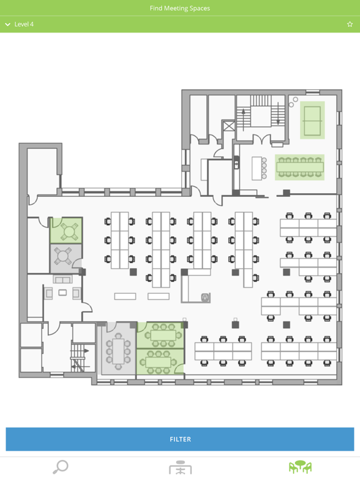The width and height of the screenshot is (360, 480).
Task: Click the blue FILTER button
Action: click(180, 439)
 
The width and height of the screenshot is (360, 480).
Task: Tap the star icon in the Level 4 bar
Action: click(350, 24)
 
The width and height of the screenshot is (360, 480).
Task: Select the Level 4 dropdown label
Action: click(24, 24)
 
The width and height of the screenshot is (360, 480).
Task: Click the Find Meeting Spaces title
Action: click(180, 8)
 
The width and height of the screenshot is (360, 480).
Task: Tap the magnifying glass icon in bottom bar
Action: click(60, 467)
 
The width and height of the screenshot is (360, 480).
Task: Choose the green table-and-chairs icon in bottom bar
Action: click(300, 467)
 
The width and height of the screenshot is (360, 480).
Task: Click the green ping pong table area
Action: click(312, 120)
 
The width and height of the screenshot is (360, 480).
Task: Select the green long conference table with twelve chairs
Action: click(300, 167)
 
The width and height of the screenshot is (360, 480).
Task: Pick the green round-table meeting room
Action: click(66, 231)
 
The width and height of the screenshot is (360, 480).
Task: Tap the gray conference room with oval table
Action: click(119, 350)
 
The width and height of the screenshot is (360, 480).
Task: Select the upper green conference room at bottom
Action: click(160, 336)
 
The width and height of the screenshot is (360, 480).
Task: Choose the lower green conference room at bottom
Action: click(160, 362)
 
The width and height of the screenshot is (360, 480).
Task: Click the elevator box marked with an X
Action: click(229, 126)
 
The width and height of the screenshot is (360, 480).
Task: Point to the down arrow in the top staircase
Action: click(278, 113)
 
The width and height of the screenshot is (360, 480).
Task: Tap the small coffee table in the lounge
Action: click(62, 292)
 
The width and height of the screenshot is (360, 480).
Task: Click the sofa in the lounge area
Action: click(62, 279)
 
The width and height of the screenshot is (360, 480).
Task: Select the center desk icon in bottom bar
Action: click(180, 467)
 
